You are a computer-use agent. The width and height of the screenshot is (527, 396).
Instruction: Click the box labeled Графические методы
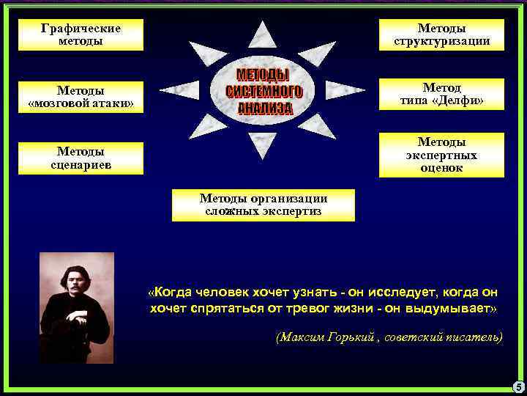pyautogui.click(x=81, y=34)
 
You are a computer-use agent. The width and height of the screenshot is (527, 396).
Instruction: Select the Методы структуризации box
pyautogui.click(x=441, y=34)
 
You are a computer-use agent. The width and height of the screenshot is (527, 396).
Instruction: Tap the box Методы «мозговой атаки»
pyautogui.click(x=81, y=96)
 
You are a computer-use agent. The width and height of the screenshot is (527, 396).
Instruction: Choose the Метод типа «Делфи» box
pyautogui.click(x=441, y=93)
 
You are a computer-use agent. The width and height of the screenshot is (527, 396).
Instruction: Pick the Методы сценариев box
pyautogui.click(x=81, y=158)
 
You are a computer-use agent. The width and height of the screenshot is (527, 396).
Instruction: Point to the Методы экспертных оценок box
pyautogui.click(x=441, y=155)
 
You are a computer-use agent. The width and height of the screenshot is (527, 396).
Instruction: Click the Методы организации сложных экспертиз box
pyautogui.click(x=263, y=205)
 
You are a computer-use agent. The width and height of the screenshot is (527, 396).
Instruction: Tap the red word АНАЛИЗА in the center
pyautogui.click(x=265, y=109)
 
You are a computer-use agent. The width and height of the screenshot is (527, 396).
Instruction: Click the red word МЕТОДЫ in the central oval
pyautogui.click(x=263, y=76)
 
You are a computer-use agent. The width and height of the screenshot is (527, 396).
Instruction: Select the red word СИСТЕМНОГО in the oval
pyautogui.click(x=264, y=92)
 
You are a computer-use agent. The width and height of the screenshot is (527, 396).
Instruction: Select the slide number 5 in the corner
pyautogui.click(x=517, y=386)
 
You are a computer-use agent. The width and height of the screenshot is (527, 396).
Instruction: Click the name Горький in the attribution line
pyautogui.click(x=351, y=337)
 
